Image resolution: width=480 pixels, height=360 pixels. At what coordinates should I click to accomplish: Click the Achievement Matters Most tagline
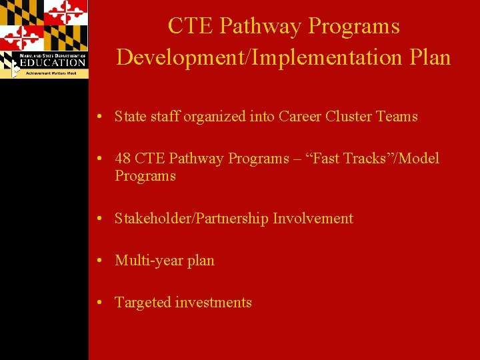pos(51,73)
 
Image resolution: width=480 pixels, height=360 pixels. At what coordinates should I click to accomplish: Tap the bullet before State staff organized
pos(98,117)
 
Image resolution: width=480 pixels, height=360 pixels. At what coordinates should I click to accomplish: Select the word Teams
pos(397,117)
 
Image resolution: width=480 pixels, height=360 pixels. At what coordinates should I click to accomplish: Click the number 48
pos(123,159)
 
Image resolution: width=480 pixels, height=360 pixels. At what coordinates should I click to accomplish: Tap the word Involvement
pos(313,219)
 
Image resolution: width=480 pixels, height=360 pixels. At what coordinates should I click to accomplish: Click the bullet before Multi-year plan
pos(98,261)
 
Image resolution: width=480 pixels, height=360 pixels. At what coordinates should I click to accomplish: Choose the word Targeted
pos(143,303)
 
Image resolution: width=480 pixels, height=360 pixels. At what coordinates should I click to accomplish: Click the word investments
pos(213,303)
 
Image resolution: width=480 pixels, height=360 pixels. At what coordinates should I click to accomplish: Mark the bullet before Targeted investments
pos(98,303)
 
